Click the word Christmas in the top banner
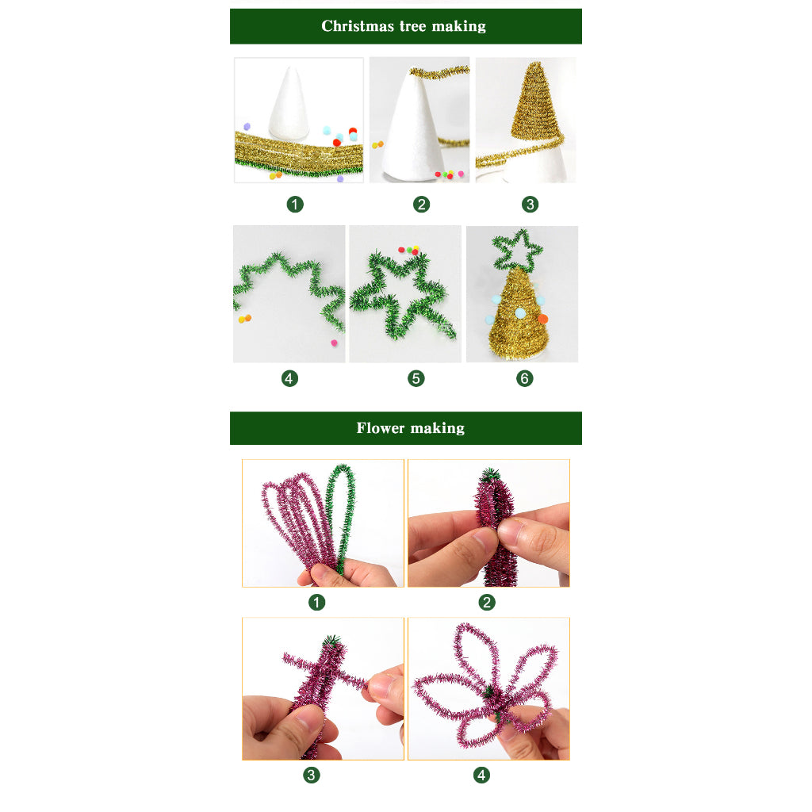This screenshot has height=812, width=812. coord(358,26)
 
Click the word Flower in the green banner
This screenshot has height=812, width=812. coord(380,427)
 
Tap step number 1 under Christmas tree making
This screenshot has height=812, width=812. coord(295,205)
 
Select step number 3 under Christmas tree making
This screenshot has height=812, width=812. coord(530,205)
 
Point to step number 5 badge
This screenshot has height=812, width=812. coord(416,378)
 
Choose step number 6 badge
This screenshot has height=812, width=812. coord(525,378)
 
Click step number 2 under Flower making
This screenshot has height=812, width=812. coord(487,603)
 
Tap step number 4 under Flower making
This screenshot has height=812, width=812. coord(481,776)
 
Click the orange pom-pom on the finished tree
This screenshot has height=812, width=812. coord(542,319)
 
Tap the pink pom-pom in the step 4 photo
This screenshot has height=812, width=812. coord(334,343)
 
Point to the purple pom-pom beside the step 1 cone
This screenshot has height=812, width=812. coord(247,126)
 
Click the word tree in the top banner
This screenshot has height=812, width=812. coord(412,26)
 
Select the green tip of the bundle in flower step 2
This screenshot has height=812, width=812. coord(489,474)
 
